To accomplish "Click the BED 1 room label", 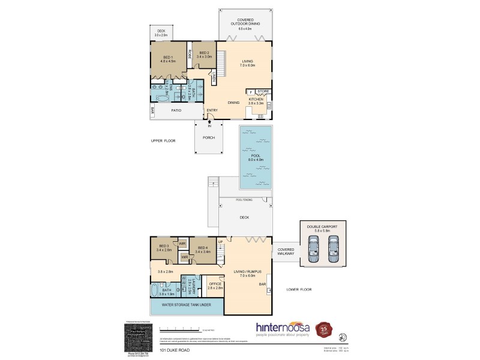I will tap(167, 59).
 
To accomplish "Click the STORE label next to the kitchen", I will tap(263, 91).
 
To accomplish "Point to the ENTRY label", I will tap(212, 110).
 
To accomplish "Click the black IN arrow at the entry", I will tap(209, 121).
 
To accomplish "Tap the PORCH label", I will tap(209, 137).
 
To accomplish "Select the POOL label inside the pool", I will tap(256, 157).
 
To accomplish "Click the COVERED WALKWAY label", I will tap(286, 251).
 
